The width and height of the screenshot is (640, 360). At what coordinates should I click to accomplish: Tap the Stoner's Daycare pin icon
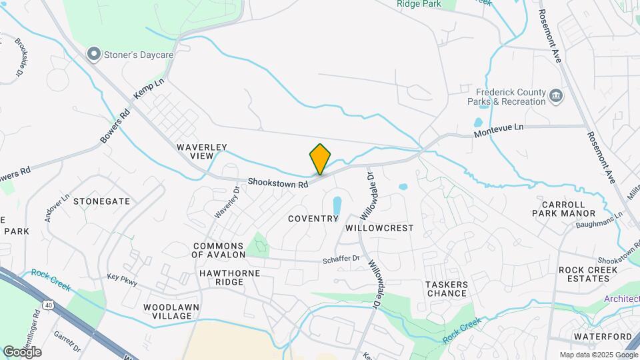click(x=94, y=53)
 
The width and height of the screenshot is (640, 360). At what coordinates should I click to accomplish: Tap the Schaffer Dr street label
click(x=341, y=259)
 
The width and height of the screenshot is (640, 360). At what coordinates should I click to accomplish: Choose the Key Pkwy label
click(x=122, y=279)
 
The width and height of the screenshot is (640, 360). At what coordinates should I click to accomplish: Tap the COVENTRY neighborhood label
click(x=313, y=219)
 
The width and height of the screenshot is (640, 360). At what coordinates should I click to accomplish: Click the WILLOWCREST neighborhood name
click(x=379, y=228)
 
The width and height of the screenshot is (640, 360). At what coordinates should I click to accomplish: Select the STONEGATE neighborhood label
click(x=102, y=201)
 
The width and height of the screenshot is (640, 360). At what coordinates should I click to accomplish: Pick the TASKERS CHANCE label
click(x=447, y=289)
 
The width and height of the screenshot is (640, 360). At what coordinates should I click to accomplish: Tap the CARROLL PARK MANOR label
click(x=563, y=209)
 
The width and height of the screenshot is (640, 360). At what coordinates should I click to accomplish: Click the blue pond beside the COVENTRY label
click(x=337, y=207)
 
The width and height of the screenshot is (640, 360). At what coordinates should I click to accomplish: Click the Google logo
click(x=22, y=352)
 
